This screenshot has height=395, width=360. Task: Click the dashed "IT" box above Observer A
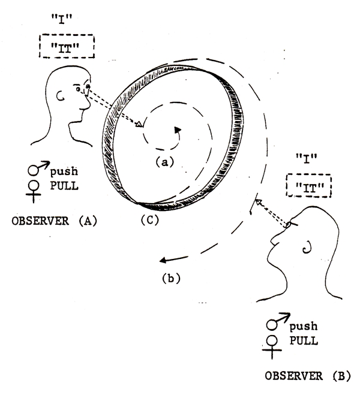[67, 46]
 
